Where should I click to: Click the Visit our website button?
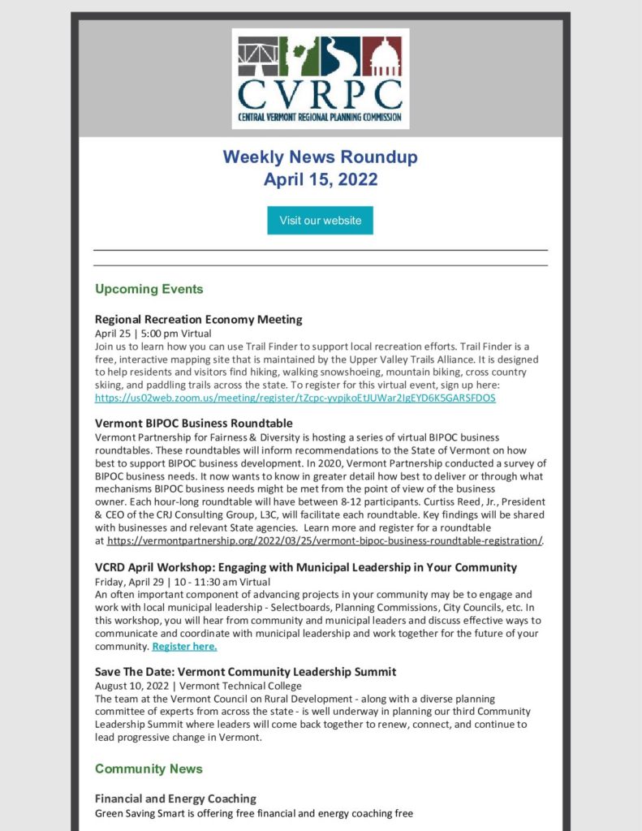[320, 221]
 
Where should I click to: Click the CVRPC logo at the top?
[320, 79]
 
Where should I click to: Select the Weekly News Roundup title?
[320, 157]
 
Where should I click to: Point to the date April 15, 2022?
[320, 179]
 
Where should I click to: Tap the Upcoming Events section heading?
[149, 289]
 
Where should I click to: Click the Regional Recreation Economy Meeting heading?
[198, 319]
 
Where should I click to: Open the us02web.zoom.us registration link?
[295, 398]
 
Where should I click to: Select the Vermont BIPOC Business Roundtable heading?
[193, 423]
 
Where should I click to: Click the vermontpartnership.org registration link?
[324, 540]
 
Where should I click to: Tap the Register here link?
[184, 647]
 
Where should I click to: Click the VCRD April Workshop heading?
[305, 566]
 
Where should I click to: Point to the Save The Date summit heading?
[245, 671]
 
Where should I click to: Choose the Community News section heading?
[149, 769]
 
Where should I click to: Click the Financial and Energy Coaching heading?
[175, 799]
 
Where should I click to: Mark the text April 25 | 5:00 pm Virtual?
[153, 333]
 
